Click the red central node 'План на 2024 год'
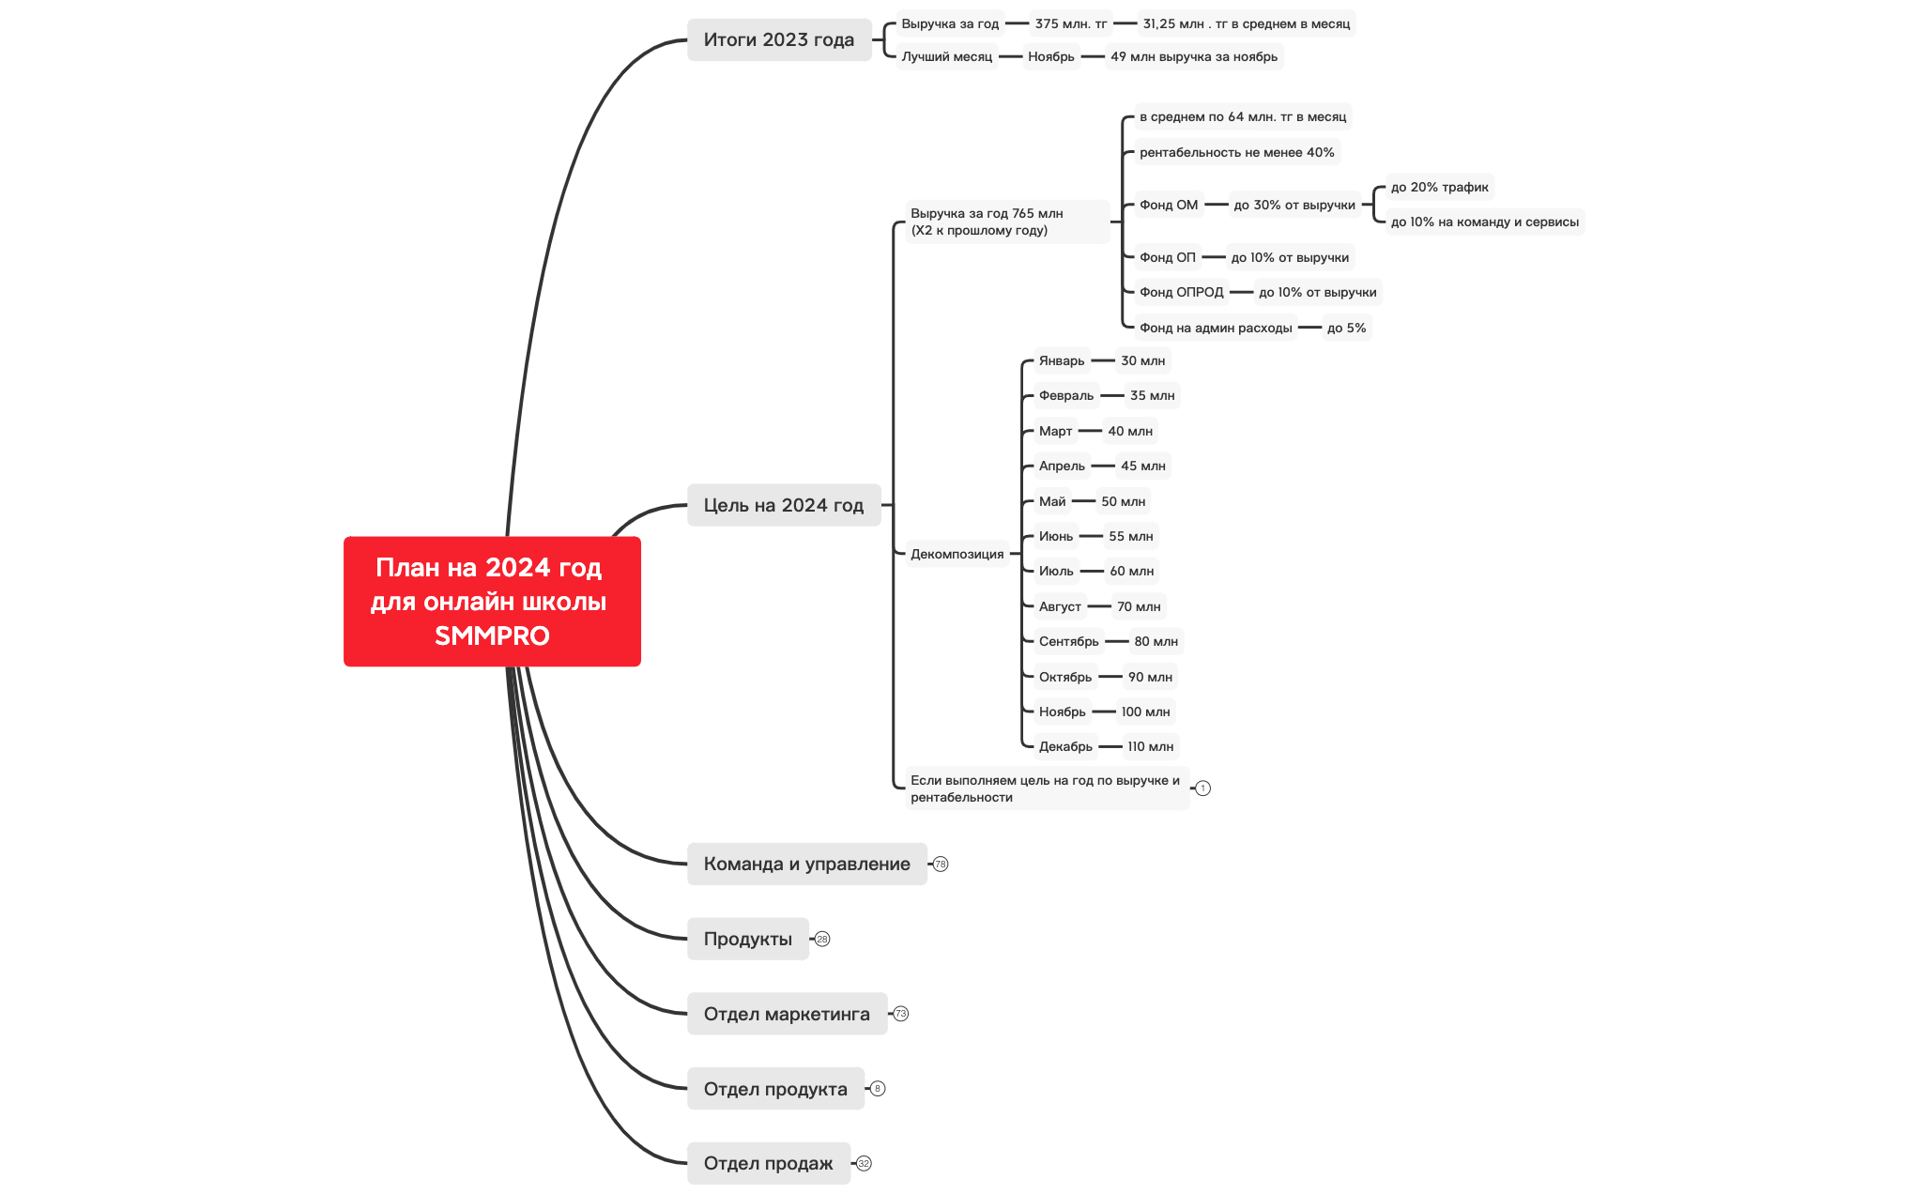[x=492, y=601]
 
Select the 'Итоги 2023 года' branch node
[x=779, y=39]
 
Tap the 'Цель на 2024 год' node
[x=784, y=505]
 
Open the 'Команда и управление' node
[x=807, y=864]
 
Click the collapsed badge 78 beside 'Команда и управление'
[x=941, y=864]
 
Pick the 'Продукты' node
[x=748, y=939]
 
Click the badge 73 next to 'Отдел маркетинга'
[x=901, y=1014]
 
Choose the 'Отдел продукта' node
[x=775, y=1089]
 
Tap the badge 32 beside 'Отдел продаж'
[x=864, y=1163]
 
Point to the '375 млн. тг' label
[x=1071, y=23]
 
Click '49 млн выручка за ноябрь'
[x=1194, y=56]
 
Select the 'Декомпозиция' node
[x=957, y=554]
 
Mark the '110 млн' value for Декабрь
[x=1151, y=746]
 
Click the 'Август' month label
[x=1060, y=606]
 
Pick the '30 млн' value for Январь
[x=1143, y=360]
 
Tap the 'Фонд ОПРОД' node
[x=1182, y=292]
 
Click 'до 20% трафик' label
[x=1440, y=187]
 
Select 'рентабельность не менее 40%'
[x=1237, y=152]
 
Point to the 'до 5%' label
[x=1347, y=328]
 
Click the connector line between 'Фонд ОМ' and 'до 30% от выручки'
[x=1217, y=205]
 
